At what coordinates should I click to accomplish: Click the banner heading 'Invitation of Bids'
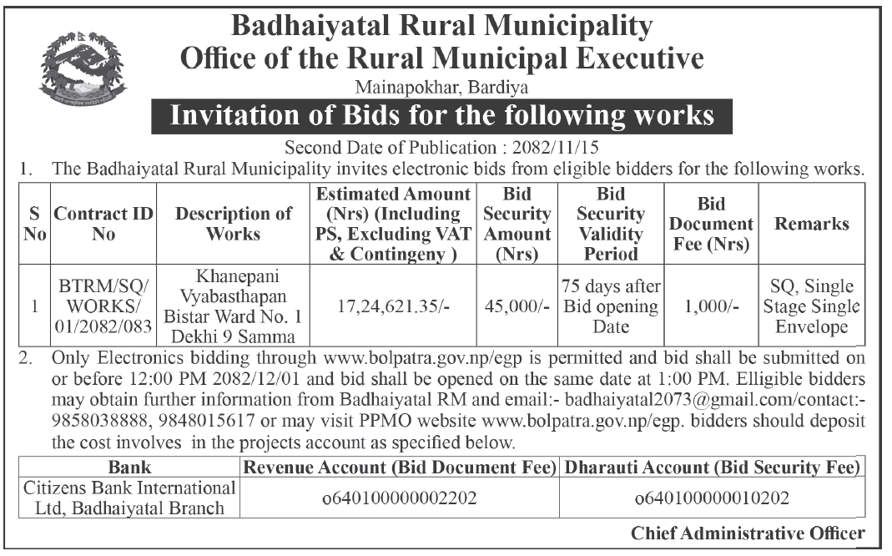click(x=441, y=115)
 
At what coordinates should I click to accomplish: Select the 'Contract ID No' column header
click(x=103, y=223)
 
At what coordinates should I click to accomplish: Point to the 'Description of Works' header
click(x=234, y=223)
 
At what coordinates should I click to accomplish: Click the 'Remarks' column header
click(x=811, y=223)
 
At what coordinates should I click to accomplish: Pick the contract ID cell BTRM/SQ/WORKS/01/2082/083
click(x=103, y=306)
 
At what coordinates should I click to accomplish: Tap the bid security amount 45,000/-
click(x=517, y=306)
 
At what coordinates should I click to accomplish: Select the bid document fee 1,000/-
click(x=712, y=306)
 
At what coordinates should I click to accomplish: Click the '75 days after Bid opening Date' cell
click(x=611, y=306)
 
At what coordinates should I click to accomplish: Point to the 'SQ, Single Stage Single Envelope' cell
click(x=811, y=306)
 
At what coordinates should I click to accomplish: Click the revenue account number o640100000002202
click(x=400, y=498)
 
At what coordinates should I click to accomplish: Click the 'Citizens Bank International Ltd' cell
click(x=129, y=498)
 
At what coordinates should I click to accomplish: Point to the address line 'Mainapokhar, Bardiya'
click(x=441, y=86)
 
